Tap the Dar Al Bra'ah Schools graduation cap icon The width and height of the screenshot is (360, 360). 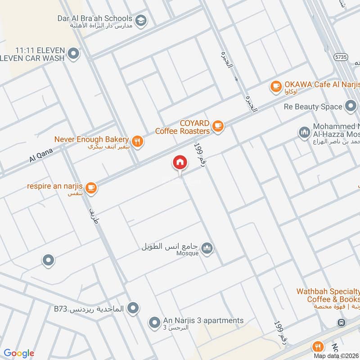pos(140,20)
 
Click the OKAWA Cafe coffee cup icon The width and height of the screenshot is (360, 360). pos(276,86)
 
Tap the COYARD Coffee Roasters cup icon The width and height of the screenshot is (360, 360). pos(218,126)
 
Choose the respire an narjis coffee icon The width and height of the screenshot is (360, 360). pos(91,188)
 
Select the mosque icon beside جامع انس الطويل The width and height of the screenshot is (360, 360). pos(207,249)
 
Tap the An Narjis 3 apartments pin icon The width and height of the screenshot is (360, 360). pos(155,323)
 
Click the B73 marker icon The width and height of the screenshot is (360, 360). pos(132,308)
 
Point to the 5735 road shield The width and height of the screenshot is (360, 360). pos(341,58)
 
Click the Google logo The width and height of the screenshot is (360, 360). pos(19,353)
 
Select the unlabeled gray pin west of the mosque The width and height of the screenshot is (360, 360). pos(48,261)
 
